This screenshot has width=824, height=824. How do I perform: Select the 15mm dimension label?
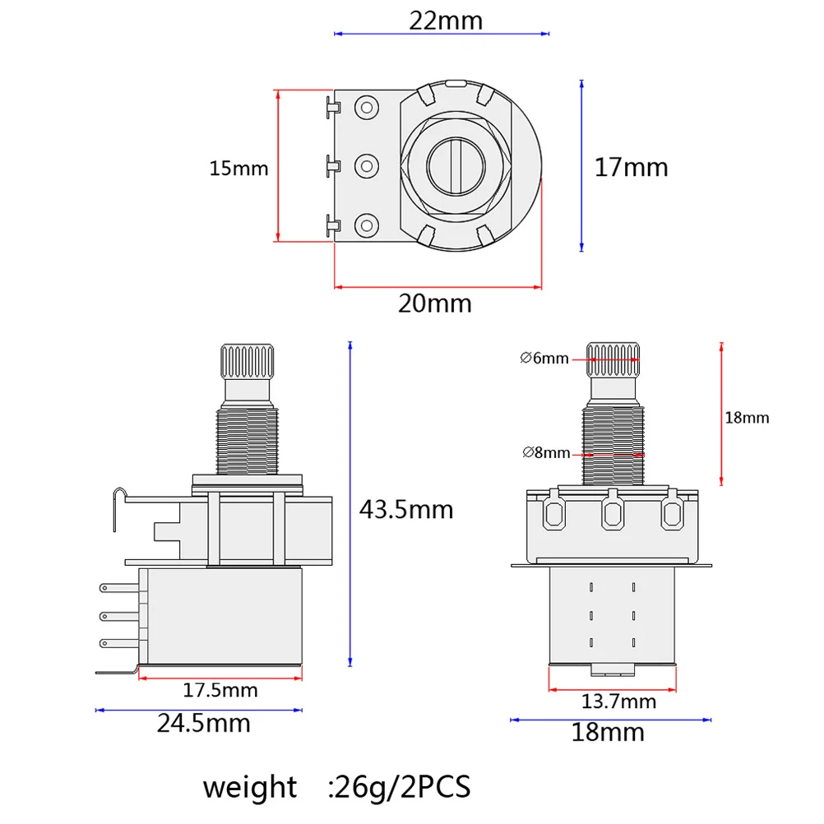(x=238, y=169)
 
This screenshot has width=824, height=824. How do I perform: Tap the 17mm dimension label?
(x=631, y=168)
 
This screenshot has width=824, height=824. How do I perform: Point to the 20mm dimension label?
(x=435, y=303)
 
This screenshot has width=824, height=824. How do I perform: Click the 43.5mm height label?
(x=405, y=509)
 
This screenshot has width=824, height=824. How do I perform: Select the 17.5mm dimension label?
(x=220, y=691)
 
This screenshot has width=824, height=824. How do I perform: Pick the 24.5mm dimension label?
(x=204, y=724)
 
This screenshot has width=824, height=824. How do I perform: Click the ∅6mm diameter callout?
(x=544, y=358)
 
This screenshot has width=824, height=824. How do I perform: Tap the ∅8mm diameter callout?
(x=545, y=452)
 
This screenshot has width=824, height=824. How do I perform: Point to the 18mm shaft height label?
(x=746, y=418)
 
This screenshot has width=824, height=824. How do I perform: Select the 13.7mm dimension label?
(x=618, y=701)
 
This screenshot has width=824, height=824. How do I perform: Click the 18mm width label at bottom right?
(x=608, y=732)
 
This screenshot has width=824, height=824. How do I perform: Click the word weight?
(x=250, y=787)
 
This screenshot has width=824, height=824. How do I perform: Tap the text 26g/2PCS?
(x=400, y=787)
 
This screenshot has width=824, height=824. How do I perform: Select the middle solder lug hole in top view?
(x=365, y=165)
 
